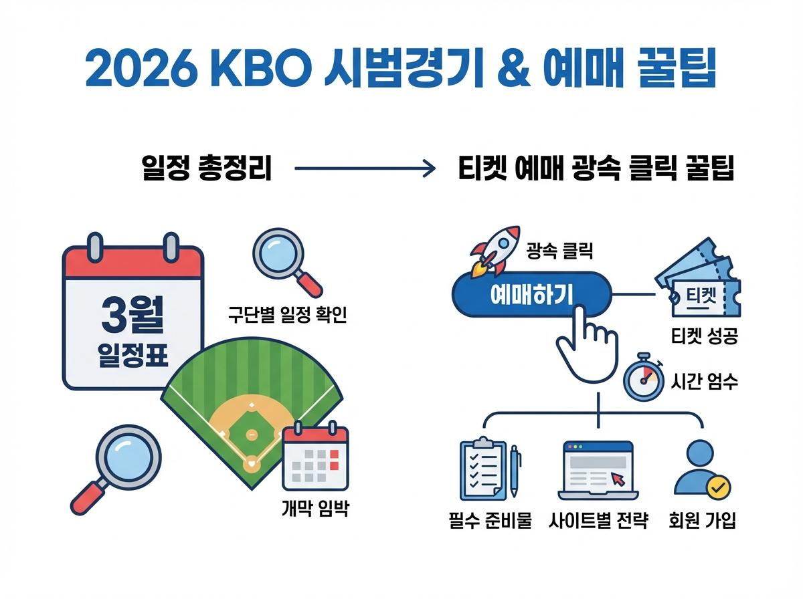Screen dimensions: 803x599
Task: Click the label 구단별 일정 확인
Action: click(x=287, y=314)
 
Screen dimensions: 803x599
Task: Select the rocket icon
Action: click(x=496, y=251)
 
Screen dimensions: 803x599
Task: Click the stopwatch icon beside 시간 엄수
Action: click(x=643, y=379)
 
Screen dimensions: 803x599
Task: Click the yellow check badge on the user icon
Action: click(x=719, y=489)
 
